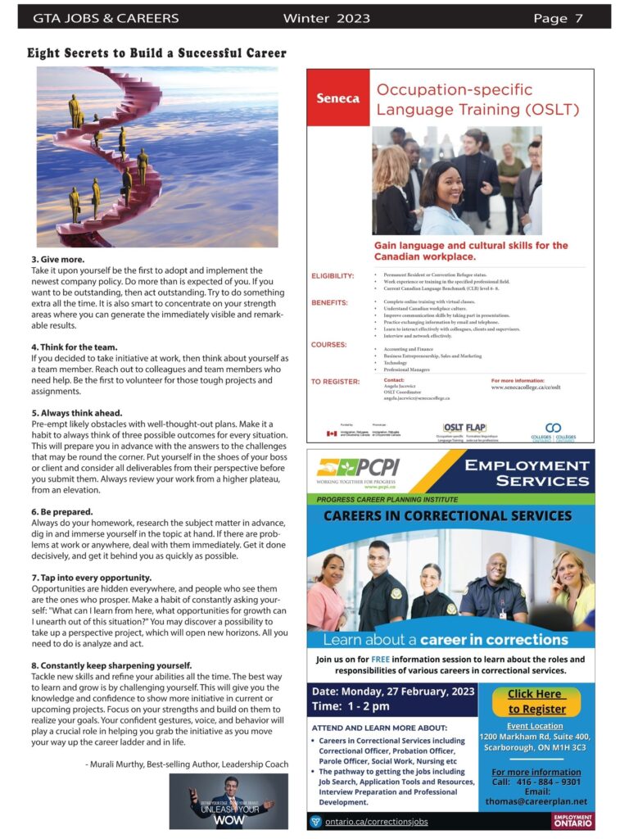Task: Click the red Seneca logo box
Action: pyautogui.click(x=338, y=98)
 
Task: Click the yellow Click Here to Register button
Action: pyautogui.click(x=537, y=701)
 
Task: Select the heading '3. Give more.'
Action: pyautogui.click(x=55, y=260)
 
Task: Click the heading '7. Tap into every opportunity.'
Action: pyautogui.click(x=91, y=578)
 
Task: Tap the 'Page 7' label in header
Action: pyautogui.click(x=558, y=18)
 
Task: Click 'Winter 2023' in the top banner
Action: pyautogui.click(x=326, y=18)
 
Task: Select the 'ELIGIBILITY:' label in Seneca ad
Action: pyautogui.click(x=333, y=275)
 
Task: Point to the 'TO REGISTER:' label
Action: pyautogui.click(x=335, y=382)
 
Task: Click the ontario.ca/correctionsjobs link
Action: pyautogui.click(x=376, y=821)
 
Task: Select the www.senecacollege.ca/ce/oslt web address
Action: pyautogui.click(x=526, y=388)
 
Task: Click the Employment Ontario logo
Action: pyautogui.click(x=572, y=820)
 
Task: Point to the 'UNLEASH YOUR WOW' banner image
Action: pyautogui.click(x=229, y=801)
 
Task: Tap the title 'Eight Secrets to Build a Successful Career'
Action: pyautogui.click(x=157, y=54)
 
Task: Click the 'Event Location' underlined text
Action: pyautogui.click(x=535, y=726)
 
